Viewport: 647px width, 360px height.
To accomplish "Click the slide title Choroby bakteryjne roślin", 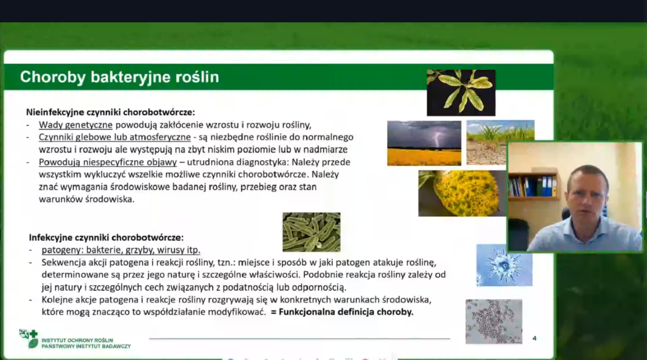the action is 120,77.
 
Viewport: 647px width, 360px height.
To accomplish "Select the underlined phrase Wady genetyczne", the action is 76,125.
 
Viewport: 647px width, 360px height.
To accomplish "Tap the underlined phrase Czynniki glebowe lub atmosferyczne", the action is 115,137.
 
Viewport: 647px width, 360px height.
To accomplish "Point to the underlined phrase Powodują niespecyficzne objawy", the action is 108,162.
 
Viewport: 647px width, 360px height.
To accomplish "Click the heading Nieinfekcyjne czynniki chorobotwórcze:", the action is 111,112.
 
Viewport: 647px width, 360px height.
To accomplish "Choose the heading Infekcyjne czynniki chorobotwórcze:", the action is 106,238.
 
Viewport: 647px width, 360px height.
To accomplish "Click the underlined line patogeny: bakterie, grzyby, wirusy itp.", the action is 121,250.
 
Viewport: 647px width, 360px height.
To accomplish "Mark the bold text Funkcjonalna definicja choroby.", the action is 346,312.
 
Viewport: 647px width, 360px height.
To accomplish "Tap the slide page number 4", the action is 534,338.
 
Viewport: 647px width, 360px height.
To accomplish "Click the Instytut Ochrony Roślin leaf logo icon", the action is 29,338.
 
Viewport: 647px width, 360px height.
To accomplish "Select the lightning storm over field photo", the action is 424,143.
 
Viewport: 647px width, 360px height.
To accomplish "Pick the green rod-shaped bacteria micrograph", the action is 311,232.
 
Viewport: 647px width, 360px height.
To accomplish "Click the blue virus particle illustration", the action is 504,265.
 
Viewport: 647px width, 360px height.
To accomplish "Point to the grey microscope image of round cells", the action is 494,322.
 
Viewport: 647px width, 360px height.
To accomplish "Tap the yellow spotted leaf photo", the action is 462,193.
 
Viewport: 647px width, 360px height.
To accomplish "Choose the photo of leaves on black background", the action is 461,93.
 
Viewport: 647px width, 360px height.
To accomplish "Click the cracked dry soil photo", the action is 487,143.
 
